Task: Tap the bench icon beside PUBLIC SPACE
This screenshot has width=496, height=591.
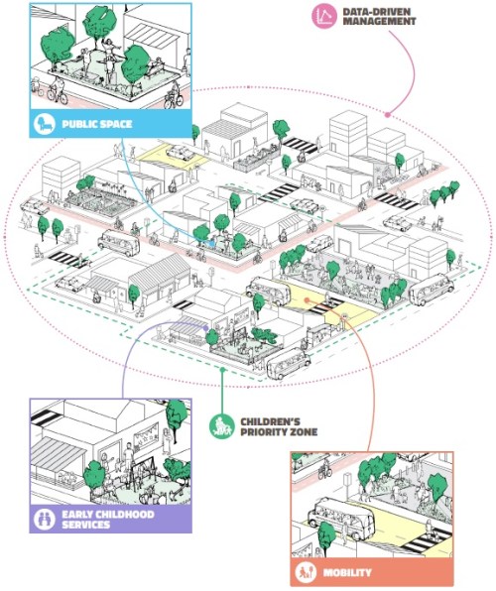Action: pos(46,125)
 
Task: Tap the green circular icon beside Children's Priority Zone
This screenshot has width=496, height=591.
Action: pos(222,426)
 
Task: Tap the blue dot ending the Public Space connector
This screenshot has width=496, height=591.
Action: pos(211,242)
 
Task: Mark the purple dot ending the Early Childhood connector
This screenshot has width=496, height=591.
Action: pos(206,326)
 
